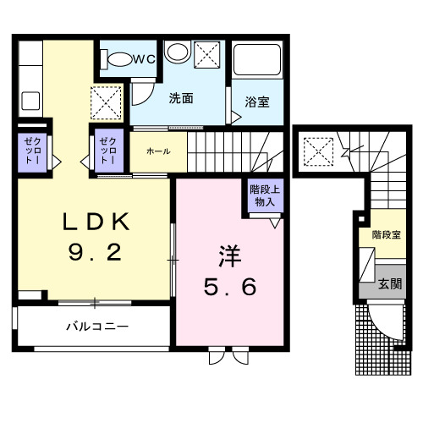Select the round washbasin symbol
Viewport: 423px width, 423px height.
pos(177,53)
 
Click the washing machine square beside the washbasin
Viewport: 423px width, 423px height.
pos(206,55)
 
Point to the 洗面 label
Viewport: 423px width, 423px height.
pos(181,98)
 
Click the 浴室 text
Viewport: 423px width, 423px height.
pos(258,102)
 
